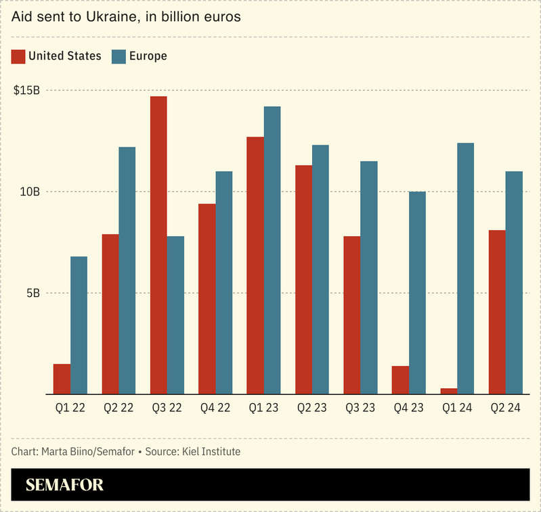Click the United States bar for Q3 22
pos(158,245)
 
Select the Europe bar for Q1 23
pos(272,250)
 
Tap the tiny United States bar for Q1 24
pos(449,391)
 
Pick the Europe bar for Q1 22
pos(79,325)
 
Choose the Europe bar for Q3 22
pos(175,315)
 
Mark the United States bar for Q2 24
pos(497,312)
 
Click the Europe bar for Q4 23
pos(417,293)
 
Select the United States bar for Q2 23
pos(304,279)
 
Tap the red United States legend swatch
pos(18,56)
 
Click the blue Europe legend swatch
pos(119,56)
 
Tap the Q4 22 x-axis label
pos(215,409)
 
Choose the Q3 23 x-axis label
pos(360,409)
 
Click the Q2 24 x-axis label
pos(505,409)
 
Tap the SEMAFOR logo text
pos(64,485)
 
